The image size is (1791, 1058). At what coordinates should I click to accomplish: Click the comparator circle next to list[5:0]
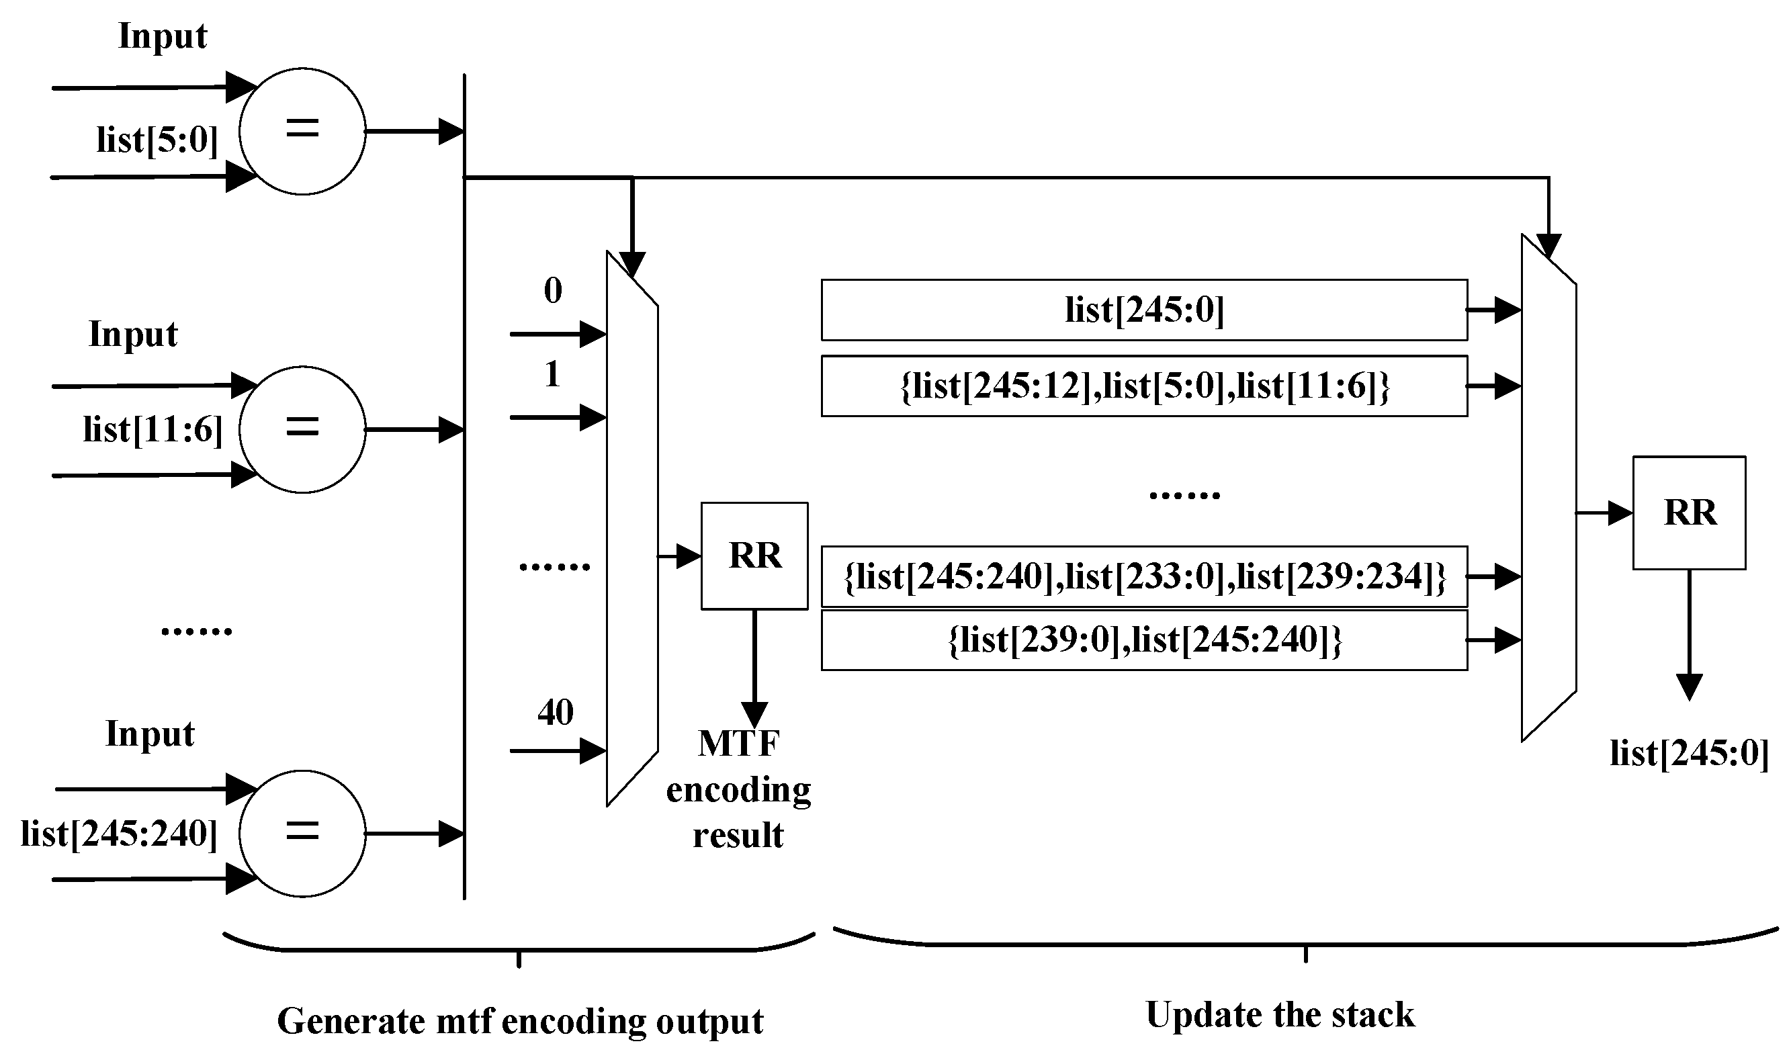pos(302,131)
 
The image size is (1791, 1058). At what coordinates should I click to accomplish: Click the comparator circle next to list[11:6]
pos(302,429)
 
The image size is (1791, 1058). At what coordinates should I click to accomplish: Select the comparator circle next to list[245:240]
pos(302,834)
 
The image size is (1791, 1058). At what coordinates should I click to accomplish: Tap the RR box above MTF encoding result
pos(754,556)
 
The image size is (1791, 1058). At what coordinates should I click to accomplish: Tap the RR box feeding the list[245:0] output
pos(1689,513)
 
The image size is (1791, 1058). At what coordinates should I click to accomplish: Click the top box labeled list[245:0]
pos(1143,310)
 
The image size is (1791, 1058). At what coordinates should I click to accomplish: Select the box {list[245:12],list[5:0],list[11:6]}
pos(1143,386)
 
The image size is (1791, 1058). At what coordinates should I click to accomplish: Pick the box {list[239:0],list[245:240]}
pos(1143,640)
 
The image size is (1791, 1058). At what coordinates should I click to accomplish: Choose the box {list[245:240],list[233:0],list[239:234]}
pos(1143,577)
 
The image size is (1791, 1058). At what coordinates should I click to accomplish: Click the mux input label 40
pos(555,713)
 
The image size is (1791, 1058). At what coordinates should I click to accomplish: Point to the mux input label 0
pos(553,291)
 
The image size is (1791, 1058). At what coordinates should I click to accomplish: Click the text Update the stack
pos(1280,1014)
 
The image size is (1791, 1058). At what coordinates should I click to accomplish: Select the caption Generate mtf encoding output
pos(520,1021)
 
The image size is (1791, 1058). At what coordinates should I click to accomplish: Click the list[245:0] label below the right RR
pos(1689,754)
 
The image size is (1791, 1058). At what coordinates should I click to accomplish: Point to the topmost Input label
pos(163,36)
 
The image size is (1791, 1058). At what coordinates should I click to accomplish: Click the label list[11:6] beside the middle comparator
pos(153,430)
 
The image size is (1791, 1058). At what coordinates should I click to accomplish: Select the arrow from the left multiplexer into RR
pos(679,556)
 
